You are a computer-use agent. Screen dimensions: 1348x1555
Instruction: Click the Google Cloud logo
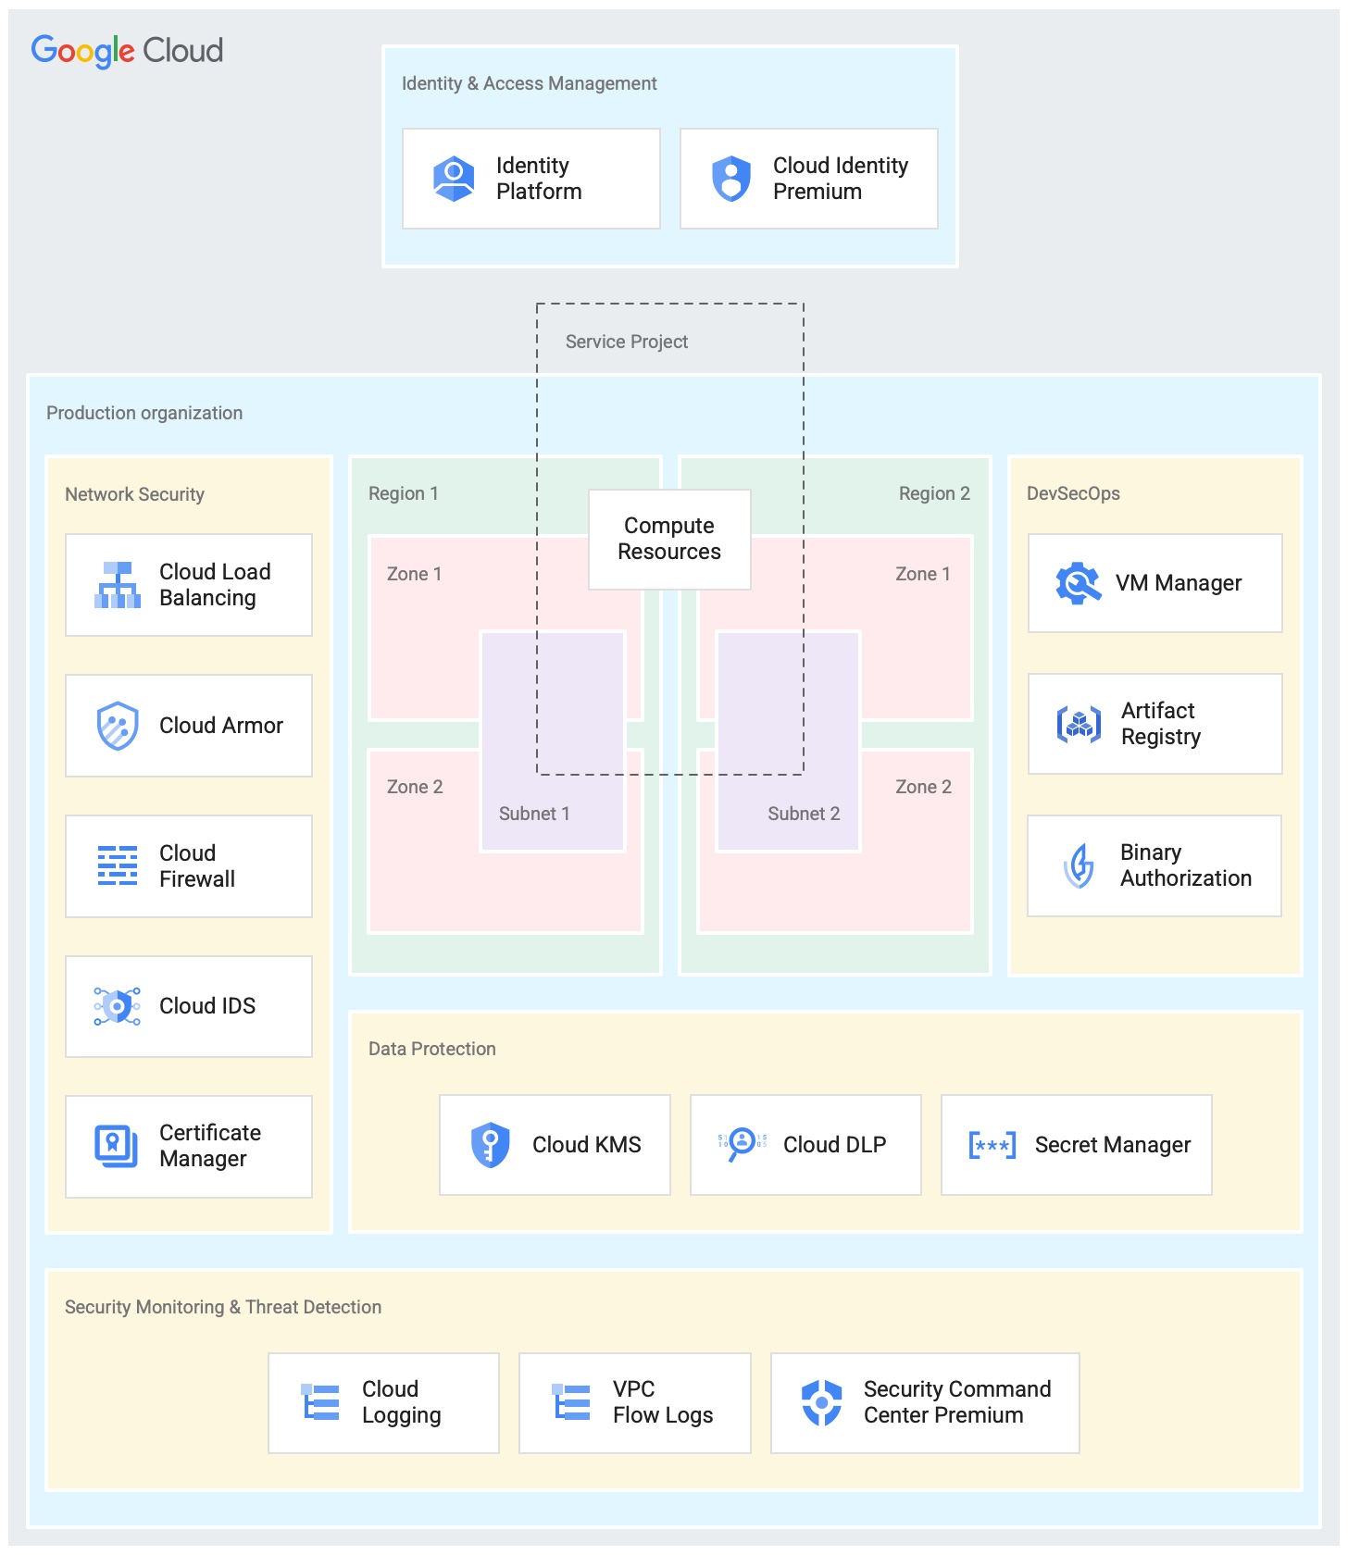[x=127, y=51]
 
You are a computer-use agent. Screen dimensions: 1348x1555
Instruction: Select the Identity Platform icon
[x=454, y=179]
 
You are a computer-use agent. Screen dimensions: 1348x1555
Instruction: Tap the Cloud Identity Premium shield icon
[x=731, y=179]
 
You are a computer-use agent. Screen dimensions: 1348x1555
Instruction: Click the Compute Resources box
[x=669, y=540]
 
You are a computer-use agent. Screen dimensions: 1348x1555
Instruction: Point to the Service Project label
[x=627, y=342]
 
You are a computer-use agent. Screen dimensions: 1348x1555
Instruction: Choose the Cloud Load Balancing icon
[x=118, y=585]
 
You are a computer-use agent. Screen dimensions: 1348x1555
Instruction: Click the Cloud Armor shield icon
[x=118, y=726]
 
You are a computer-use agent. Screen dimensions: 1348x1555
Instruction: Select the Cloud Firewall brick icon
[x=118, y=865]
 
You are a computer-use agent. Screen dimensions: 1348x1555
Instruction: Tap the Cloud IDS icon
[x=118, y=1006]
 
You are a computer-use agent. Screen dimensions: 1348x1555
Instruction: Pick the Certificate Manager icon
[x=117, y=1146]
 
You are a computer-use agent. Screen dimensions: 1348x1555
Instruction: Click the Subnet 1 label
[x=534, y=814]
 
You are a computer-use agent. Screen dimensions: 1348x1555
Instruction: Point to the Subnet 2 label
[x=804, y=814]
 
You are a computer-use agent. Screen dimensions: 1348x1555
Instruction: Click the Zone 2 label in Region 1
[x=415, y=787]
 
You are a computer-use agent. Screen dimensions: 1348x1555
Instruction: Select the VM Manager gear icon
[x=1079, y=583]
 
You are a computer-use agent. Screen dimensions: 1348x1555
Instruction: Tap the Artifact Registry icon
[x=1079, y=724]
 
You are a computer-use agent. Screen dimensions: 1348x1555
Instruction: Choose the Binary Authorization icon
[x=1079, y=865]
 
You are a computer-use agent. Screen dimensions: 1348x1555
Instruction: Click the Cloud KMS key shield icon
[x=491, y=1145]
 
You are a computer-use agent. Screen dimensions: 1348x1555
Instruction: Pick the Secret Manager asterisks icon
[x=992, y=1145]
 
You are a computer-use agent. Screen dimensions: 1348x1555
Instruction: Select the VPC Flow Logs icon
[x=571, y=1402]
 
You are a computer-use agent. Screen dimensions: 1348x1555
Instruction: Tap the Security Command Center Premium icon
[x=821, y=1402]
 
